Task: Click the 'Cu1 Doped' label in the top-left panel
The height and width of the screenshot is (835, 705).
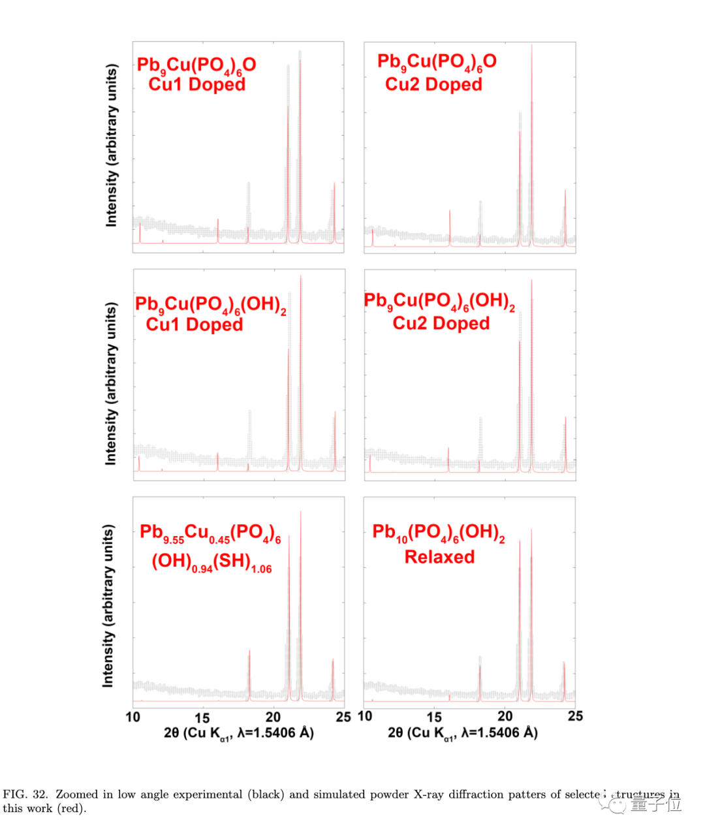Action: (x=196, y=84)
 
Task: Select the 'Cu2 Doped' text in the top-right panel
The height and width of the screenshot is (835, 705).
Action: (x=433, y=84)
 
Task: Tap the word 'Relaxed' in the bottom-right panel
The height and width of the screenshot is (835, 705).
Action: (x=439, y=557)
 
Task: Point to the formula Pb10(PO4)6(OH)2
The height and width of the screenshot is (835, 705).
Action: (x=439, y=533)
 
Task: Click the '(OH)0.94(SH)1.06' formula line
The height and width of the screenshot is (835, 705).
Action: (x=211, y=562)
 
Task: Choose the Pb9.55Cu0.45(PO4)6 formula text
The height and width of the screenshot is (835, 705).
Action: (x=210, y=533)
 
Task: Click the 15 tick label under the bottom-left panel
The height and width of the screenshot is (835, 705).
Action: (x=202, y=717)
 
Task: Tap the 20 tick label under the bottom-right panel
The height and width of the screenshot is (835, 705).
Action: (x=505, y=716)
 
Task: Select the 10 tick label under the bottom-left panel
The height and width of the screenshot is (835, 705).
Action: (x=133, y=717)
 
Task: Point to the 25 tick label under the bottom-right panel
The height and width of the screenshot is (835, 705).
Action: (x=575, y=716)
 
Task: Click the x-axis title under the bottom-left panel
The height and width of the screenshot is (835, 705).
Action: (x=238, y=733)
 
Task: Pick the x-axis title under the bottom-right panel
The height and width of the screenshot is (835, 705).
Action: (x=462, y=733)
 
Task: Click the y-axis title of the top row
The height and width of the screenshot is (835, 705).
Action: (x=112, y=146)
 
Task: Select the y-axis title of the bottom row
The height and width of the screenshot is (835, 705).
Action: (x=108, y=605)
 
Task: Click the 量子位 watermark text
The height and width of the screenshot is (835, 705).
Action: (x=655, y=805)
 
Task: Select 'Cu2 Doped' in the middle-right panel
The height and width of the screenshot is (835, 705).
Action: (x=441, y=323)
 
